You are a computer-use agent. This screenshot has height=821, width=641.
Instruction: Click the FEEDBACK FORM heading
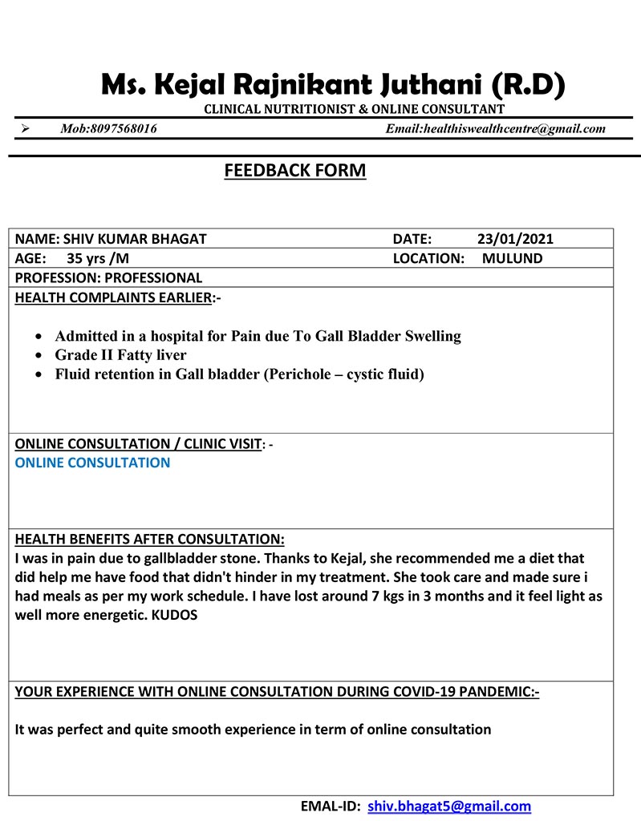pos(294,171)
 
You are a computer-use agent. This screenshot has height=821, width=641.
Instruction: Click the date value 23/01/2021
pos(514,239)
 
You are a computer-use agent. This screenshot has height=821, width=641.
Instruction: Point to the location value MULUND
pos(512,258)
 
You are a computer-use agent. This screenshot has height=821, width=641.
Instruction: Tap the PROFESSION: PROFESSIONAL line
pos(109,278)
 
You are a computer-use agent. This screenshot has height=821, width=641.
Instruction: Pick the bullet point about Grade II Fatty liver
pos(120,354)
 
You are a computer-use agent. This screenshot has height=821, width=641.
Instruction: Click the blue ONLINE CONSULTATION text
pos(93,463)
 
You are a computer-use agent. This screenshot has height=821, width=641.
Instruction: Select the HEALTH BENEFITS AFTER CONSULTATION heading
pos(149,539)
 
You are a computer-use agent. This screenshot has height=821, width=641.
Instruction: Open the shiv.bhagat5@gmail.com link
pos(449,807)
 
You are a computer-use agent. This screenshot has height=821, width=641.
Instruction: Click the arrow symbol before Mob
pos(26,128)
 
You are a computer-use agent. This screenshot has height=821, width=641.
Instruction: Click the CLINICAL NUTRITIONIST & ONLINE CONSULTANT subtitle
pos(354,109)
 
